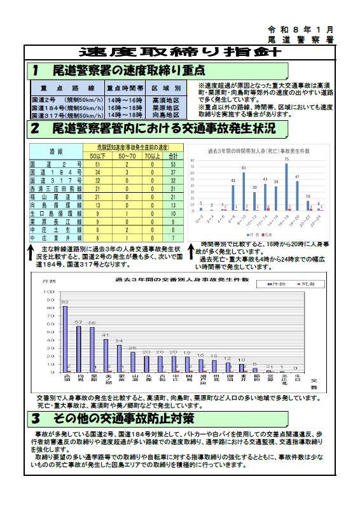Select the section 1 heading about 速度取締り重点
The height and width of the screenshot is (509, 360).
click(120, 69)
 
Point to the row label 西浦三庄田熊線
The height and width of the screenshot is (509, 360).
click(57, 189)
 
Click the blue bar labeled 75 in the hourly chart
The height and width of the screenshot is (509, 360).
click(286, 186)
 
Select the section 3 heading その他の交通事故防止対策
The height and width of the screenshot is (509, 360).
click(113, 419)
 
